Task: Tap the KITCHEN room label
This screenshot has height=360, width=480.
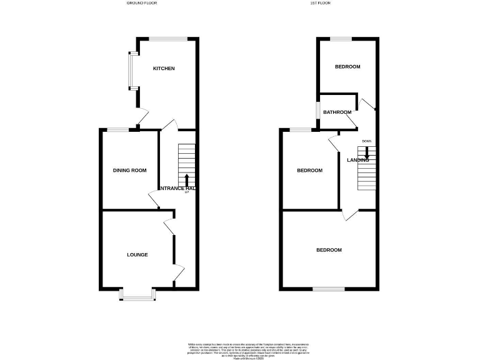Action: click(x=164, y=68)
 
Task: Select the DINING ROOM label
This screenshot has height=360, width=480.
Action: click(x=129, y=170)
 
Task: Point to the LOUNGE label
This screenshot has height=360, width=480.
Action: click(x=137, y=254)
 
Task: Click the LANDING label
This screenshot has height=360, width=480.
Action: click(x=358, y=160)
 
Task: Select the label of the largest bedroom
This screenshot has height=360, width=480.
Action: click(x=329, y=250)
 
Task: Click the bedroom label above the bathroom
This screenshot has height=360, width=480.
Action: click(x=347, y=67)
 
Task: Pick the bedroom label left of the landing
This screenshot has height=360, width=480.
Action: click(x=309, y=171)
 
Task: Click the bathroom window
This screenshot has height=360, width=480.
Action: click(x=317, y=112)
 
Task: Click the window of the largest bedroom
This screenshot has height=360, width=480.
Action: click(x=329, y=289)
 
